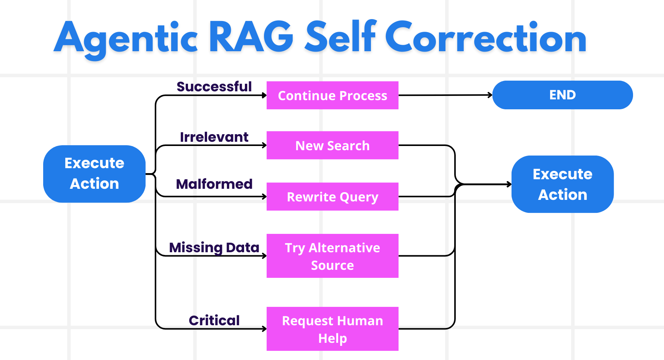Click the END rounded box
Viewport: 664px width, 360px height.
[x=562, y=95]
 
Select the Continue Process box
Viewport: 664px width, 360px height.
[x=332, y=96]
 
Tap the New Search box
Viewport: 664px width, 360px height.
[x=332, y=145]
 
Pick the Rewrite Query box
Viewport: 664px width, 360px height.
[x=332, y=196]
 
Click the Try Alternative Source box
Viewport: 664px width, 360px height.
[x=332, y=256]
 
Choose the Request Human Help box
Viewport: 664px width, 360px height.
[x=332, y=329]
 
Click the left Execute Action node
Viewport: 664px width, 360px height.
[x=94, y=174]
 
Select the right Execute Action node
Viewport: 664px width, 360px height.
[x=562, y=184]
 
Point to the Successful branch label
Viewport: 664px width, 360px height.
[x=214, y=87]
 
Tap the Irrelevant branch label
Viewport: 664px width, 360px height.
[x=214, y=137]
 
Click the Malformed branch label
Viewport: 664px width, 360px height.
[x=214, y=184]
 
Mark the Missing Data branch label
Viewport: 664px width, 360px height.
[x=214, y=247]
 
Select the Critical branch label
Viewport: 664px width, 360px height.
[x=214, y=320]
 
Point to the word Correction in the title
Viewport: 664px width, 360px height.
[x=486, y=37]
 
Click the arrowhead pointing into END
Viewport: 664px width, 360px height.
[x=490, y=95]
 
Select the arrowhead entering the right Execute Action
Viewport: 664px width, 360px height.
[x=509, y=184]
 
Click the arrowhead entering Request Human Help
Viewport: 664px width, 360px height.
[x=264, y=329]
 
